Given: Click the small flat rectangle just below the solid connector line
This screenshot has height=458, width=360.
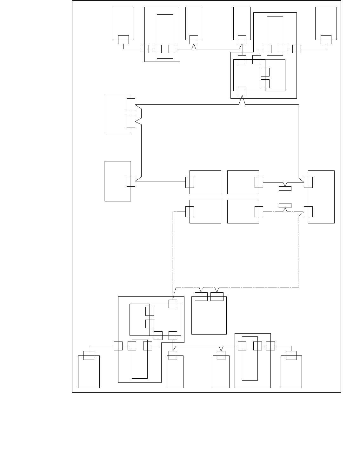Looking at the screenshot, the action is [285, 189].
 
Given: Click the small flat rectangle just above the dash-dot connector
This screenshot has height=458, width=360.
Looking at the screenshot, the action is [285, 205].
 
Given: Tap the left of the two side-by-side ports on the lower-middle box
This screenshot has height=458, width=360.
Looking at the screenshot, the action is [201, 296].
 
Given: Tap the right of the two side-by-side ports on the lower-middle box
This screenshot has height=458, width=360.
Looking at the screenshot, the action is [217, 296].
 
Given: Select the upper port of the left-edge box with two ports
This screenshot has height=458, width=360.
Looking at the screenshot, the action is [131, 105].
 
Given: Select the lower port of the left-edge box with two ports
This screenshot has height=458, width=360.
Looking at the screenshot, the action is [131, 121].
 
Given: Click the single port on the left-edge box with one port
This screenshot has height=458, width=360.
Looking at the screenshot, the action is [131, 181].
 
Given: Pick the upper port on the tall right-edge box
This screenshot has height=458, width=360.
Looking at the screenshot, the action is [308, 182].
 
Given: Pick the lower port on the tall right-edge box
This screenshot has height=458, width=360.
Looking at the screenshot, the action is [308, 211].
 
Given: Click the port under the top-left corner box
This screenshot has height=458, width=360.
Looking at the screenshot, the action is [123, 40].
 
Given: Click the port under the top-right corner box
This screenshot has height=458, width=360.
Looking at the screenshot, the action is [326, 40].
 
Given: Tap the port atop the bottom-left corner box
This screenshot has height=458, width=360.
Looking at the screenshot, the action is [89, 355].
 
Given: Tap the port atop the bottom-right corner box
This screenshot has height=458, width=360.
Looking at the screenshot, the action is [291, 355].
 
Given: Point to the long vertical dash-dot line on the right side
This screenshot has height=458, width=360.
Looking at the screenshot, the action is [299, 251].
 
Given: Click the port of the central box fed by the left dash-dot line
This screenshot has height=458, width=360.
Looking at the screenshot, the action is [190, 211].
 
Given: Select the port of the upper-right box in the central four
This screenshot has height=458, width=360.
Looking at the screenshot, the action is [259, 182].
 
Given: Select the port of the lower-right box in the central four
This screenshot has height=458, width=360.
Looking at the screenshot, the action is [259, 211].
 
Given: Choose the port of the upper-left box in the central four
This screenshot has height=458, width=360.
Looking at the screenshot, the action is [190, 182].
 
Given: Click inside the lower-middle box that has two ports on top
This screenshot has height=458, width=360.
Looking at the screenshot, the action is [209, 317].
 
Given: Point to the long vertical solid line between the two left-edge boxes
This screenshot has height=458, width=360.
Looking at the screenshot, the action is [141, 149].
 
